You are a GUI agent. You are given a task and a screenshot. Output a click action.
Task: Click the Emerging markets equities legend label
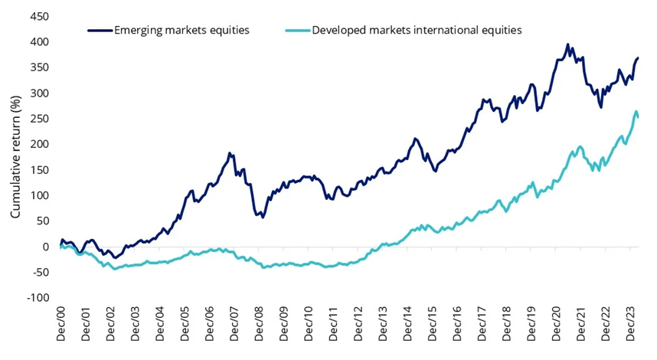tap(181, 31)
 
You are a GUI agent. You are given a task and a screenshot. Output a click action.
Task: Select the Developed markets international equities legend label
tap(417, 31)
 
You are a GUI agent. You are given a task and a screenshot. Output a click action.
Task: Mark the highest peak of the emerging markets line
tap(567, 44)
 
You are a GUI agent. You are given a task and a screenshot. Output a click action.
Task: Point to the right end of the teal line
tap(639, 116)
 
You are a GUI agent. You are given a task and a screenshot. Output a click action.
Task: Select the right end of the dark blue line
tap(639, 58)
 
